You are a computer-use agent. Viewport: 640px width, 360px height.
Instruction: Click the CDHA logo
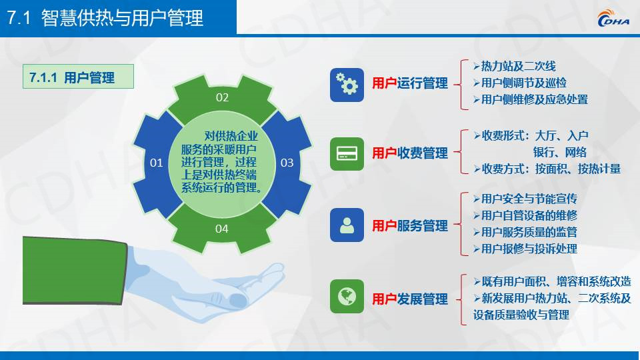613,18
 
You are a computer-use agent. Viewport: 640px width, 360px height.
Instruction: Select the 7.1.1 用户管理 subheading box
78,76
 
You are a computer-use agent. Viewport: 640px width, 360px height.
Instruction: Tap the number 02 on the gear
222,97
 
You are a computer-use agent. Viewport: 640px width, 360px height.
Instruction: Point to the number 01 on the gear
156,163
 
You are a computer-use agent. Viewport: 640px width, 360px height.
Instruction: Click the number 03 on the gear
287,163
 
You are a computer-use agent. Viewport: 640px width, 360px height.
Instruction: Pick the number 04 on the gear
221,229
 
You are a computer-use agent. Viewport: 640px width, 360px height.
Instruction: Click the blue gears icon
347,85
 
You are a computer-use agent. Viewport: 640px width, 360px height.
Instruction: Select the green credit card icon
347,154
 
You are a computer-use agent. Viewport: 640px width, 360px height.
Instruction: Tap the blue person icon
347,225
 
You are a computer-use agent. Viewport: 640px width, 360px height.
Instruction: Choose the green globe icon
347,296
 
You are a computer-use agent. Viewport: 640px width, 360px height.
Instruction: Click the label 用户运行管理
410,83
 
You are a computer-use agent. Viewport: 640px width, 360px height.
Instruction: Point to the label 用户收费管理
410,153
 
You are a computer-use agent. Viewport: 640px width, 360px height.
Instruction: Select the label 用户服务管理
410,226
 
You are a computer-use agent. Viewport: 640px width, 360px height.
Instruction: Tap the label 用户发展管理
410,299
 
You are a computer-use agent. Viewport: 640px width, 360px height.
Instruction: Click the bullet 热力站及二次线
515,66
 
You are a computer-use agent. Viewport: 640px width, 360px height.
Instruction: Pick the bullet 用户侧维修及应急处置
531,99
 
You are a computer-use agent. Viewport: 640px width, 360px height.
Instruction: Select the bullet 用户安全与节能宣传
525,199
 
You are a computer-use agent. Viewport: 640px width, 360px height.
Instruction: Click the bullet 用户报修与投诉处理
525,249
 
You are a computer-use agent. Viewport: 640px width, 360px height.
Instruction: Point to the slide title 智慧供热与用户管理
122,18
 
